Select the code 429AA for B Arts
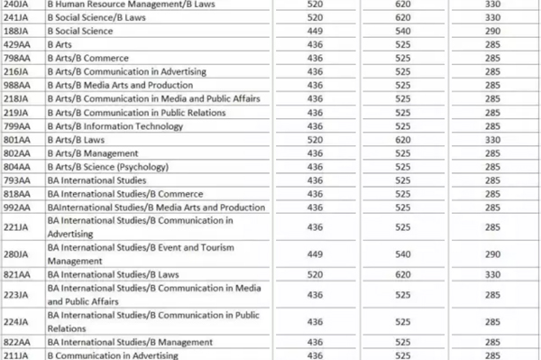(x=16, y=43)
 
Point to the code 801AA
(x=16, y=139)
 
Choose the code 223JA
(x=16, y=294)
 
